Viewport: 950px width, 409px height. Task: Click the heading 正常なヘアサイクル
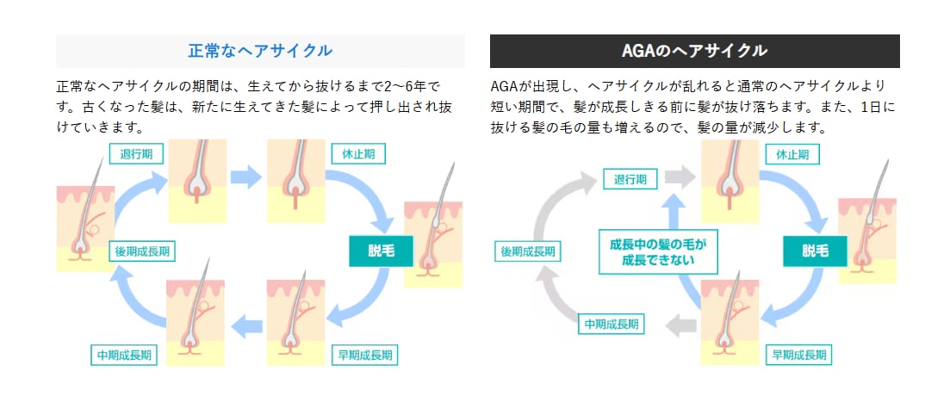[x=260, y=51]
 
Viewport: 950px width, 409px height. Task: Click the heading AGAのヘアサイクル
[x=694, y=51]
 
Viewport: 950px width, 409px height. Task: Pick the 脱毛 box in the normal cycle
[x=380, y=251]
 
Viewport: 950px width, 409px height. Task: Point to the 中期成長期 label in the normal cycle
[x=124, y=354]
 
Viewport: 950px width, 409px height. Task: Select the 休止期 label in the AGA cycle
[x=792, y=155]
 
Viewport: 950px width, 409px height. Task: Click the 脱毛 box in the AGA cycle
[x=814, y=251]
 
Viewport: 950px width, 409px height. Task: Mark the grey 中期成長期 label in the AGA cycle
[x=612, y=325]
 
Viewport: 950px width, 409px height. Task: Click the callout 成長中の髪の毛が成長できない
[x=658, y=251]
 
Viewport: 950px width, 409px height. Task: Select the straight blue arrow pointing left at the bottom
[x=248, y=325]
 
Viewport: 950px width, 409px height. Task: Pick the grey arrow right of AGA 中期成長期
[x=682, y=325]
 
